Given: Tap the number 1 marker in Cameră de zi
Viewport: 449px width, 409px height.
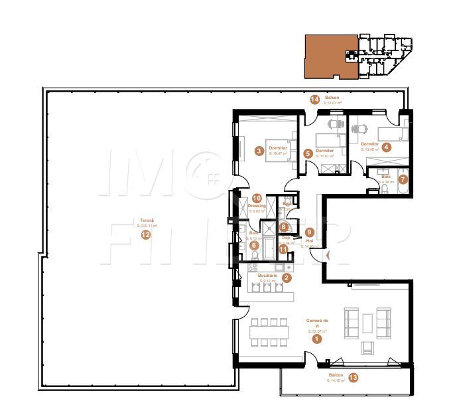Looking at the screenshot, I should click(x=316, y=339).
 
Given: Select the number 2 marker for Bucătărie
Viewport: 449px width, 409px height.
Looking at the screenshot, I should click(x=286, y=279).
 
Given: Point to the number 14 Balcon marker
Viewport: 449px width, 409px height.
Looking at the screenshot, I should click(x=314, y=100).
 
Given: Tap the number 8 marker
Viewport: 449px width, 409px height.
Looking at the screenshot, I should click(x=283, y=227).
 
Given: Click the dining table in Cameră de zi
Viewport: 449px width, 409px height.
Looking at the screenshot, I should click(x=269, y=331).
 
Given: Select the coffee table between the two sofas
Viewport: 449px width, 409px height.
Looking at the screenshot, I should click(x=367, y=322).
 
